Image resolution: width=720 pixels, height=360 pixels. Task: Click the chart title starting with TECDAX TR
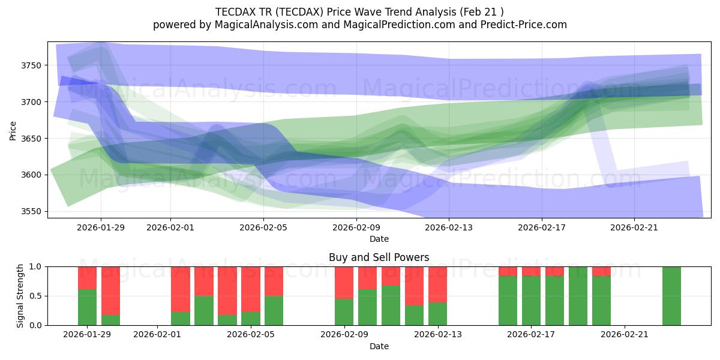coord(359,11)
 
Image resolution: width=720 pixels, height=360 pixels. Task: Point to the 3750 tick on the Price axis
coord(34,65)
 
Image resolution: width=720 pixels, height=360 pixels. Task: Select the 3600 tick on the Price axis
coord(34,175)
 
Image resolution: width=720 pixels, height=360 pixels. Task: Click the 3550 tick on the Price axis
coord(34,212)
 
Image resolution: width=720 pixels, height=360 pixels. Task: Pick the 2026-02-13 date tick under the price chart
coord(449,227)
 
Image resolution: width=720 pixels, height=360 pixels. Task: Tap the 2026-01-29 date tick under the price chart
coord(101,227)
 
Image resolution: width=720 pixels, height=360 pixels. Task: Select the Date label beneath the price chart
coord(379,239)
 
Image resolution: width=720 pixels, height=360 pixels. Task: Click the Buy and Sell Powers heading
coord(379,257)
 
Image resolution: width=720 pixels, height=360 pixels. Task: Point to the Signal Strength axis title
coord(20,295)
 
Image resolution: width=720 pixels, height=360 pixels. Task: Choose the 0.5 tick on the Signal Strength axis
coord(37,296)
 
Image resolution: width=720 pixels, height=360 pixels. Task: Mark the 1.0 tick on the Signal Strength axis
coord(37,266)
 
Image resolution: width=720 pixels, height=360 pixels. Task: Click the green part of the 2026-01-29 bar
coord(87,307)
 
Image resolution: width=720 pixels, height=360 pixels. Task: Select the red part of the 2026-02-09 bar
coord(344,282)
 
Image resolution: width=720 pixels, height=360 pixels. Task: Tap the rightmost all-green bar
coord(671,295)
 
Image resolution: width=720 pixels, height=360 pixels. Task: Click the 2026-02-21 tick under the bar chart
coord(625,334)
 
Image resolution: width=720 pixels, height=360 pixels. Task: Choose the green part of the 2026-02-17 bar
coord(531,300)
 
